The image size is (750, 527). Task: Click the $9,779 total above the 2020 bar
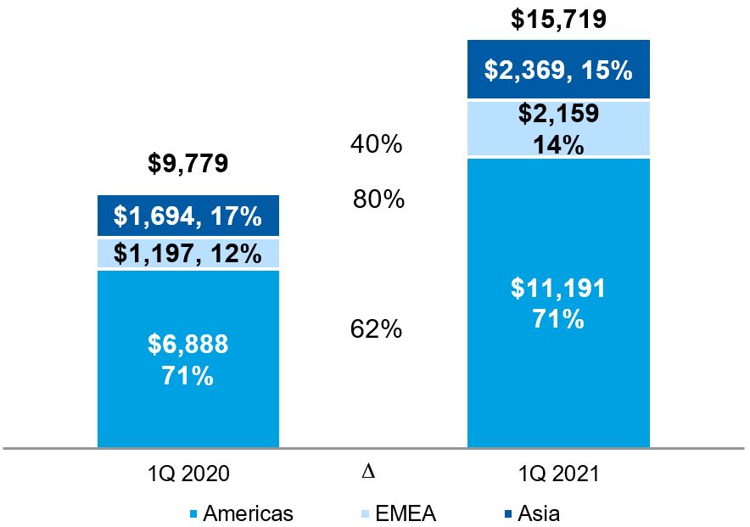(x=187, y=163)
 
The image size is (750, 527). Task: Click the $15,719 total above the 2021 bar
(x=558, y=20)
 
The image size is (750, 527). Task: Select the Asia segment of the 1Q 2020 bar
(x=187, y=217)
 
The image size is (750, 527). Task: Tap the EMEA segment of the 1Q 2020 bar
(x=187, y=254)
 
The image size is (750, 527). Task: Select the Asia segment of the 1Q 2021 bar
(x=558, y=70)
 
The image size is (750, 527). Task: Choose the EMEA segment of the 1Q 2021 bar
(x=558, y=129)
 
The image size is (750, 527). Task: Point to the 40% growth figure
(x=376, y=145)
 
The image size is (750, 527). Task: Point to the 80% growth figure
(x=378, y=200)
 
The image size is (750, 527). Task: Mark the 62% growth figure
(x=376, y=329)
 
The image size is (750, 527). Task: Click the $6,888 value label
(x=187, y=345)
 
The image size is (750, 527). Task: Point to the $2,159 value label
(x=558, y=115)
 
